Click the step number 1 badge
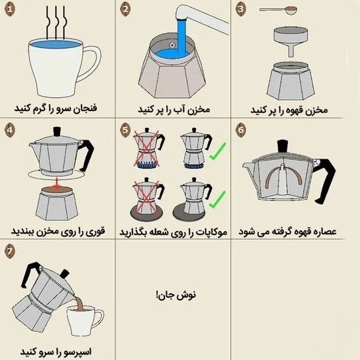coord(10,9)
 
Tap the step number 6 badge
coord(241,130)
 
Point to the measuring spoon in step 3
coord(278,10)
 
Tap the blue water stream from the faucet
coord(181,38)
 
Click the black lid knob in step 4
coord(57,131)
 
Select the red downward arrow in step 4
coord(56,182)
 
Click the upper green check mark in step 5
coord(217,152)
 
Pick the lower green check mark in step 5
coord(217,200)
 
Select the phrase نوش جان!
coord(176,295)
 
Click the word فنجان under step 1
coord(85,108)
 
